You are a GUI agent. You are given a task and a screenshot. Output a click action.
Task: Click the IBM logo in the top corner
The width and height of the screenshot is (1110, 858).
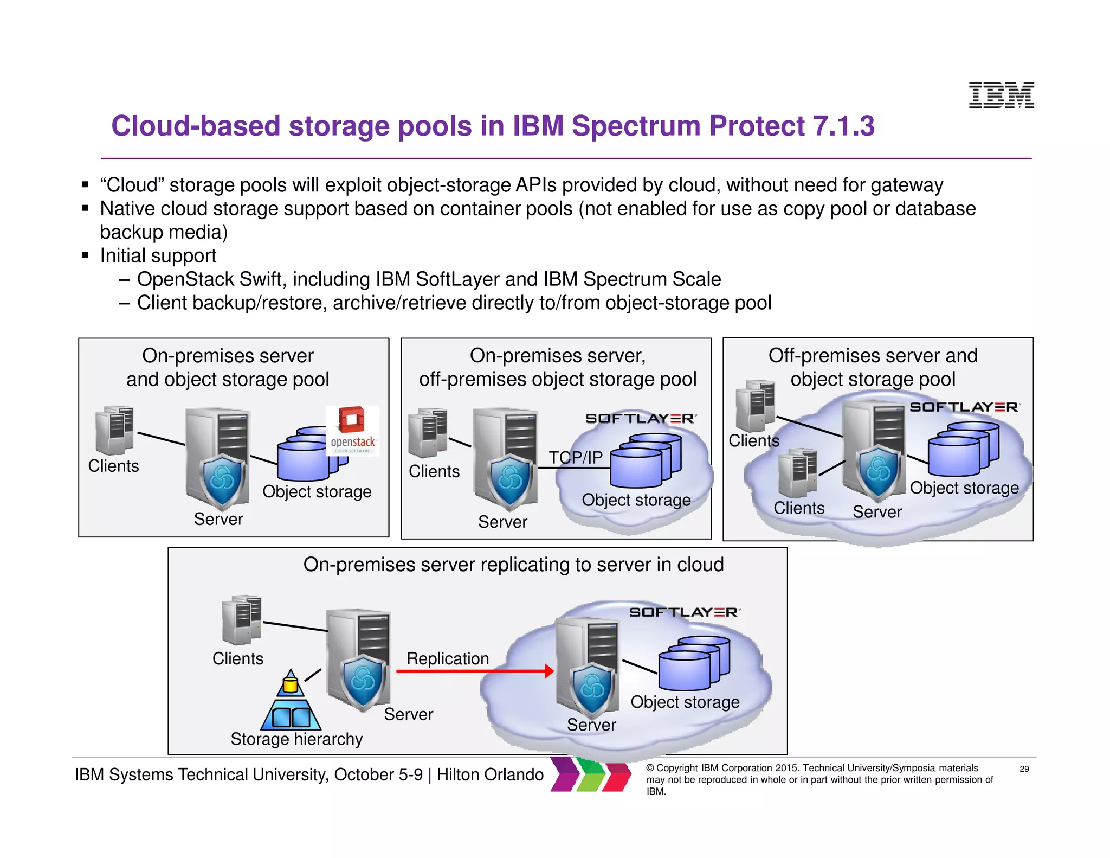(x=1001, y=95)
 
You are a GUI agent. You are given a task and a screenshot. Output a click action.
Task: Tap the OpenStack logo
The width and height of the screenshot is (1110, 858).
(x=352, y=430)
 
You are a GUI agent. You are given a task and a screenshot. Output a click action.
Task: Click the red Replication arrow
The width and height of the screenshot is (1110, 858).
(x=475, y=671)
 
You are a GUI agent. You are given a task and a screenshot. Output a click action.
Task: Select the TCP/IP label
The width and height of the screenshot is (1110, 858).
(x=575, y=458)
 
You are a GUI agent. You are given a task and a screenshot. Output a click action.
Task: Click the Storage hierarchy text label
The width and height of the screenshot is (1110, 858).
(x=296, y=739)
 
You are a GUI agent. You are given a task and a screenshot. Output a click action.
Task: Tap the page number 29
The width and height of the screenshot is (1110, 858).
(x=1024, y=769)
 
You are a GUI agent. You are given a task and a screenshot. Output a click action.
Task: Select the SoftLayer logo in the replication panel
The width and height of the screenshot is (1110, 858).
(x=684, y=612)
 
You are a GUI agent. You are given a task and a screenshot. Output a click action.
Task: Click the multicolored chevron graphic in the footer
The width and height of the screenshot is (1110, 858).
(x=591, y=774)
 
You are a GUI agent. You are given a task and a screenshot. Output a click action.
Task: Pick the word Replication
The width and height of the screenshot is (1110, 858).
(x=448, y=658)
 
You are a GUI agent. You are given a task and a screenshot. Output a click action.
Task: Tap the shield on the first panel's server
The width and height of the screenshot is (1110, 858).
(x=222, y=479)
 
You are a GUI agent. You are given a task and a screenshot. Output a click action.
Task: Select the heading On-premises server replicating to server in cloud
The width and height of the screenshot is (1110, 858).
(x=513, y=565)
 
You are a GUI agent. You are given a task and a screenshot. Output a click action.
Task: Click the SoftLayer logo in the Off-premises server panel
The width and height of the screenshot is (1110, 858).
(x=964, y=407)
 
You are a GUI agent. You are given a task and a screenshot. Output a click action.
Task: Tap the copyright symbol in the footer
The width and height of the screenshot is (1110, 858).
(x=650, y=768)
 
